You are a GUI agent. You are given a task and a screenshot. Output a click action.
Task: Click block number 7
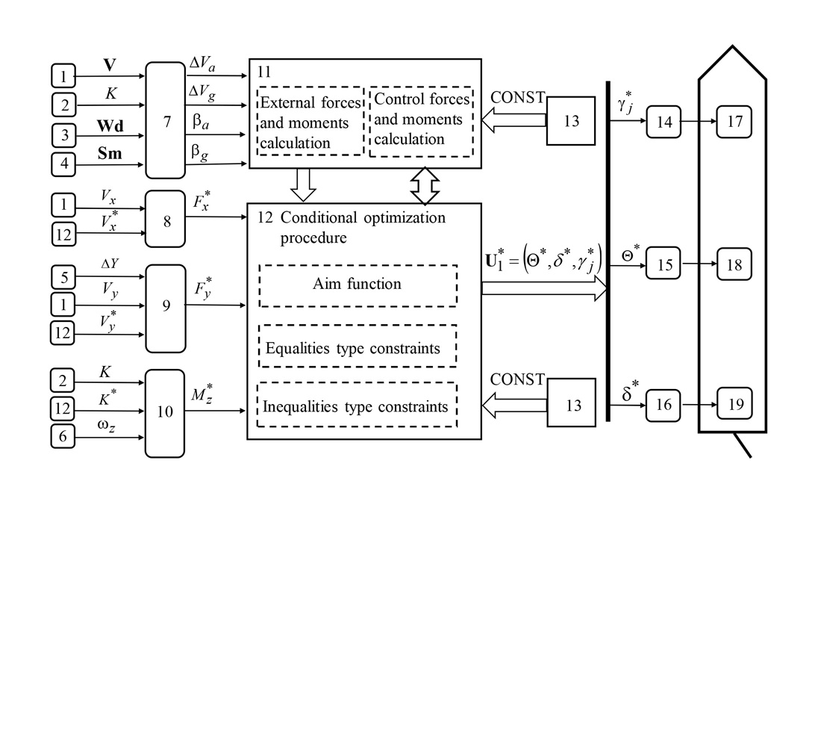click(x=165, y=120)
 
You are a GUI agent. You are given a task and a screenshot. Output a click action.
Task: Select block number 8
click(x=165, y=218)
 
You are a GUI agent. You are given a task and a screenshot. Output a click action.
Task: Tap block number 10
click(x=165, y=412)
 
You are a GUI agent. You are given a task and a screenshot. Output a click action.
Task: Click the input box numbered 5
click(x=63, y=277)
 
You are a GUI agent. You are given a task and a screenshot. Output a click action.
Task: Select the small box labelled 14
click(x=664, y=120)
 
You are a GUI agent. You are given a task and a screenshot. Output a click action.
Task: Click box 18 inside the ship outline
click(x=734, y=264)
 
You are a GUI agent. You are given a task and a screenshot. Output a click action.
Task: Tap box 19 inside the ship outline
click(x=734, y=404)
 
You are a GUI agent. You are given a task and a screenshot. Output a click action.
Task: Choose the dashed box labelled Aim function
click(x=358, y=285)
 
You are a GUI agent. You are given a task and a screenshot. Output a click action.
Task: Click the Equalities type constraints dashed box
click(x=358, y=347)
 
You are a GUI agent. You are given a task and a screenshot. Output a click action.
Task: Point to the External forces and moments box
click(x=310, y=121)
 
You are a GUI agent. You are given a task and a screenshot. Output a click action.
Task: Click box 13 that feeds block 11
click(x=570, y=120)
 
